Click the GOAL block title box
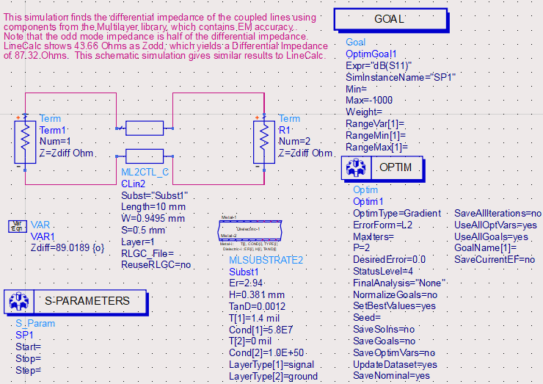[x=390, y=19]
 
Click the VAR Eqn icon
[x=19, y=225]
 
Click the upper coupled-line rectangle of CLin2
[x=144, y=129]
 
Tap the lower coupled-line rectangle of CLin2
[x=144, y=155]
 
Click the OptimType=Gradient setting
[x=397, y=213]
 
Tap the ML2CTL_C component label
[x=145, y=173]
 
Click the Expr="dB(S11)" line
[x=380, y=65]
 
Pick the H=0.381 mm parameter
[x=256, y=294]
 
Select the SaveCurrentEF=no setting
[x=495, y=260]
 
